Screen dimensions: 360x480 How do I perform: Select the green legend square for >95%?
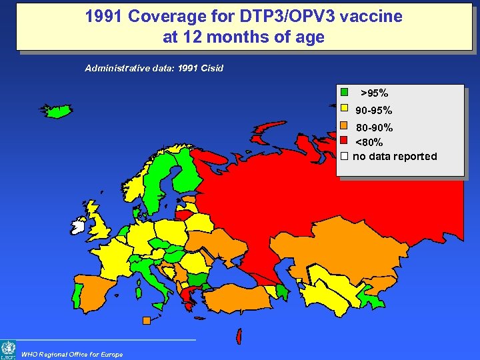pos(344,93)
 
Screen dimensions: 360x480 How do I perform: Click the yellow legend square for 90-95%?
pos(344,109)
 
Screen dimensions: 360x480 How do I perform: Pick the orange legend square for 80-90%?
pos(344,125)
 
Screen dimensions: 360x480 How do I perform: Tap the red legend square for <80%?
pos(344,141)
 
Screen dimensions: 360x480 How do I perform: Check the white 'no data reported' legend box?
pos(344,156)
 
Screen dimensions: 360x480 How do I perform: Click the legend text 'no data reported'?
pos(395,157)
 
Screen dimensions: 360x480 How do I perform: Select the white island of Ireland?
pos(79,227)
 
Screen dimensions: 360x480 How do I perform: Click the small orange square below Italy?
pos(146,320)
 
